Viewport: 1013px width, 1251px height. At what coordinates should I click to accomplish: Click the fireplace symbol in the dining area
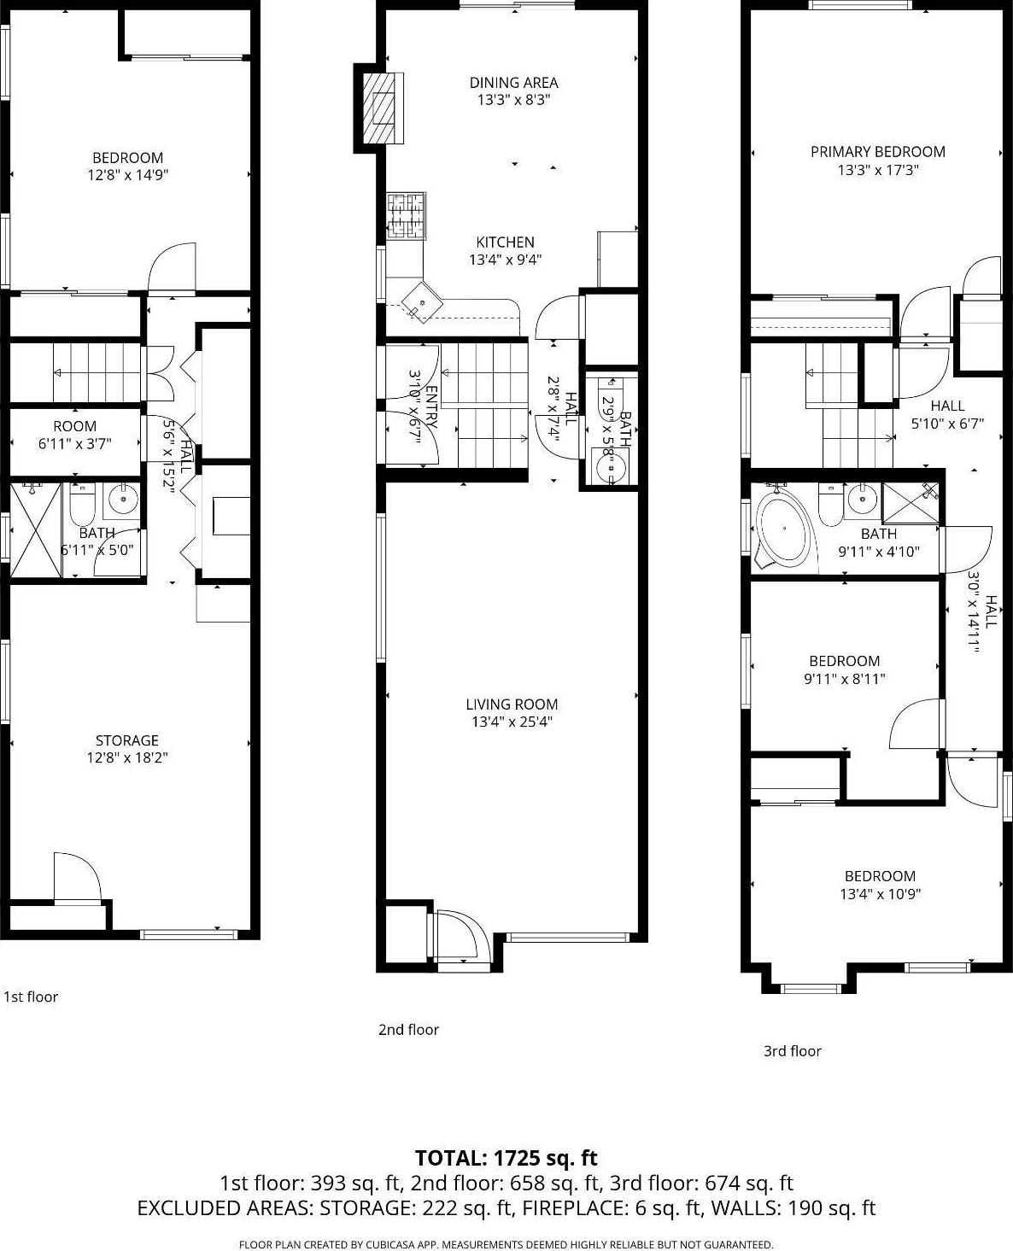[382, 108]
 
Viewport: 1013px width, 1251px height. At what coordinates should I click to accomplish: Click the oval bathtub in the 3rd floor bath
[785, 529]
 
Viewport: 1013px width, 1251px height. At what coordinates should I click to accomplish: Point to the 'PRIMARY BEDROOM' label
[877, 152]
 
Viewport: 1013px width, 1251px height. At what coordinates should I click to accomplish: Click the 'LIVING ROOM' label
[512, 704]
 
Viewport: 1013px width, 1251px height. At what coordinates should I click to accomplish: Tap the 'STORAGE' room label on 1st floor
[126, 740]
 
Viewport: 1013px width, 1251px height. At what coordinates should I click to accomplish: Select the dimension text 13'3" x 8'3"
[512, 100]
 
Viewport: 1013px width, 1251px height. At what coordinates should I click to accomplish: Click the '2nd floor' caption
[408, 1030]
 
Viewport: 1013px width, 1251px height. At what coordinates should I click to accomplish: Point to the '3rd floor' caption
[792, 1051]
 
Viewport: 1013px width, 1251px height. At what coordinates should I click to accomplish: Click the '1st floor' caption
[31, 997]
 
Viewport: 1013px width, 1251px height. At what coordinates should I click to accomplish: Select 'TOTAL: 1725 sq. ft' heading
[506, 1158]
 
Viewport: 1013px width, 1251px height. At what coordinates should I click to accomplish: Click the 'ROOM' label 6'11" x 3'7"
[75, 426]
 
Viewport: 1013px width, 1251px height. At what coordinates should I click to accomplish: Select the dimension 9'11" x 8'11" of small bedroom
[844, 679]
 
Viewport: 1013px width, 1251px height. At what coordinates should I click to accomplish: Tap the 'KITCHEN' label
[505, 243]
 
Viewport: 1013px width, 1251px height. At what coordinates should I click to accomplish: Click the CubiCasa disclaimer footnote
[506, 1244]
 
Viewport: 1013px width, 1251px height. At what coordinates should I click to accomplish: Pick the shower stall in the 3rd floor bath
[910, 503]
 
